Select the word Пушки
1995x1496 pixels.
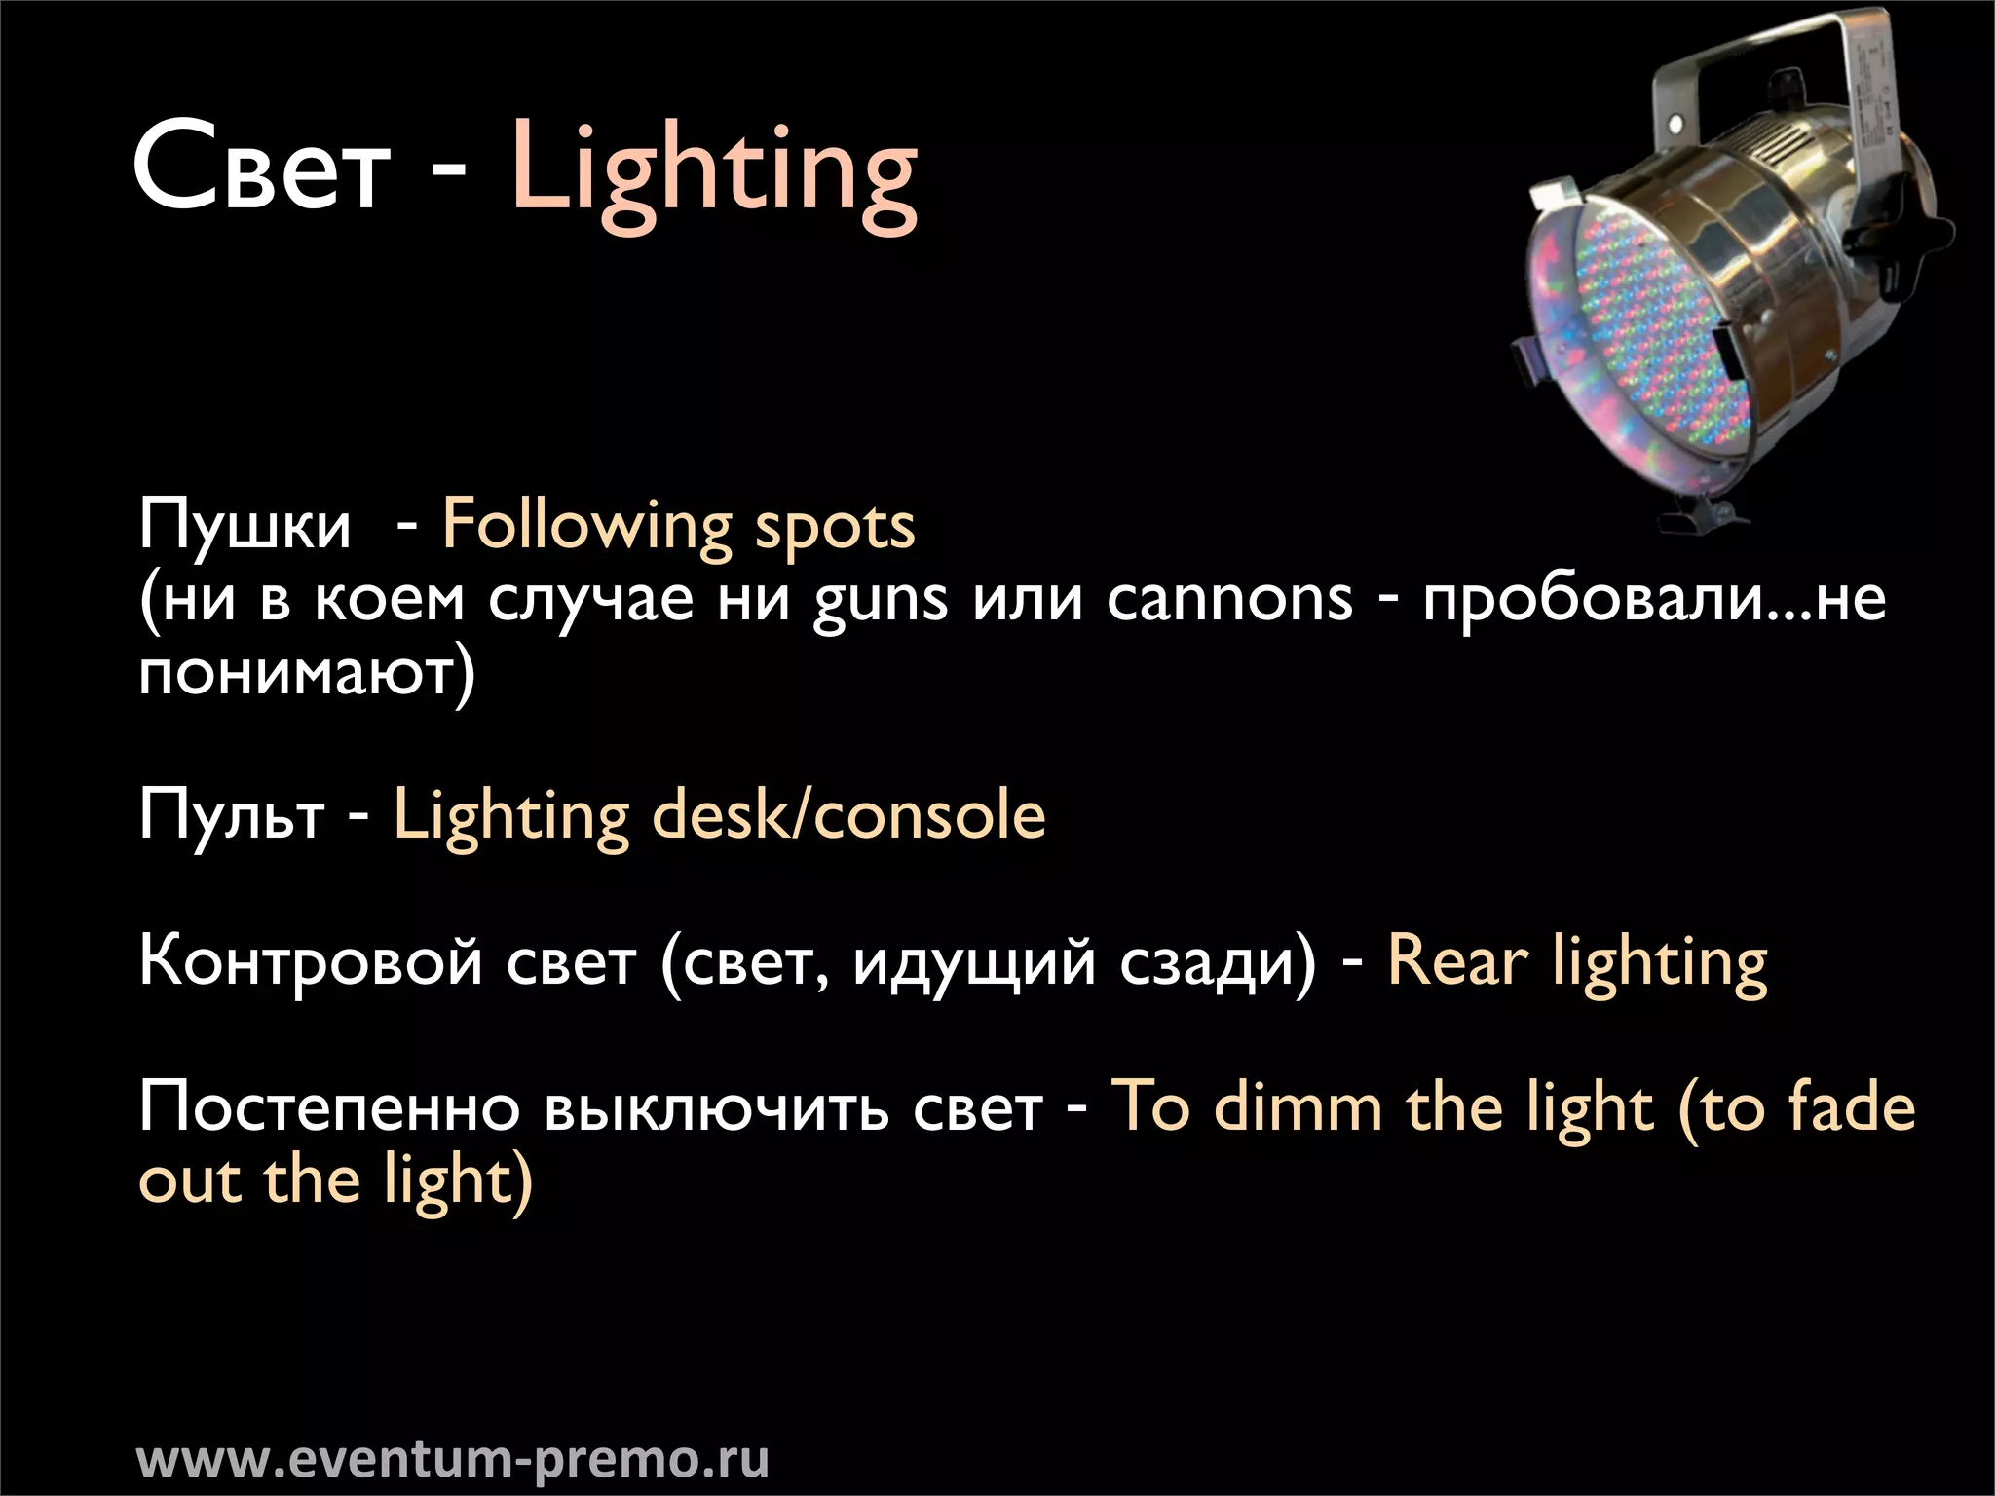pyautogui.click(x=245, y=526)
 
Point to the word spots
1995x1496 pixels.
pyautogui.click(x=835, y=527)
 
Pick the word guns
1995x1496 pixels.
pyautogui.click(x=880, y=600)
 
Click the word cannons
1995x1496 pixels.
pyautogui.click(x=1229, y=598)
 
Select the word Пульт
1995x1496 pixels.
pyautogui.click(x=232, y=815)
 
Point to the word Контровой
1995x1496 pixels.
pyautogui.click(x=311, y=961)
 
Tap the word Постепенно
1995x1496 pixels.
pyautogui.click(x=329, y=1108)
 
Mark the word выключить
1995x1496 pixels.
pyautogui.click(x=716, y=1108)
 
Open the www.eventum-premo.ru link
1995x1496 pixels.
pyautogui.click(x=453, y=1459)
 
